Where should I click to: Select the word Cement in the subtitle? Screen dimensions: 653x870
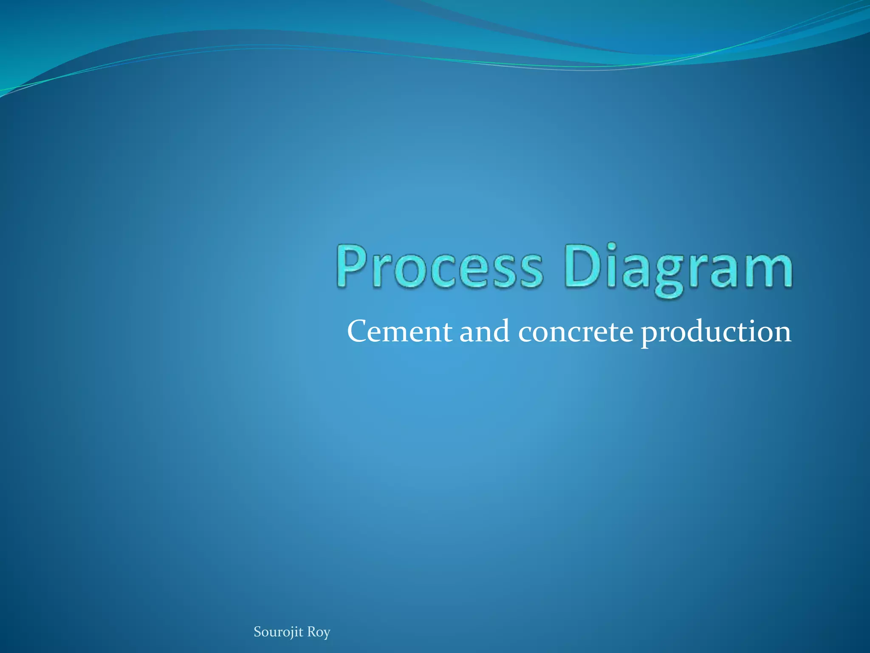click(x=399, y=332)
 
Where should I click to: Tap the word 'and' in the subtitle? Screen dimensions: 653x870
click(x=485, y=331)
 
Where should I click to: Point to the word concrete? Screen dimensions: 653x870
click(x=576, y=332)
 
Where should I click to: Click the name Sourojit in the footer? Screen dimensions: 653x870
click(x=278, y=632)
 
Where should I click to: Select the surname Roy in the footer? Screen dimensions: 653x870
click(x=319, y=633)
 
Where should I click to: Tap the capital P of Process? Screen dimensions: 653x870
click(x=354, y=266)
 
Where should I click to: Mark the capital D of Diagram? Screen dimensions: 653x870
click(x=584, y=266)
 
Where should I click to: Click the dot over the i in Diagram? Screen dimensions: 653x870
click(x=611, y=247)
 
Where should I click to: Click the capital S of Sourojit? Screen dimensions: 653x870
click(x=257, y=632)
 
